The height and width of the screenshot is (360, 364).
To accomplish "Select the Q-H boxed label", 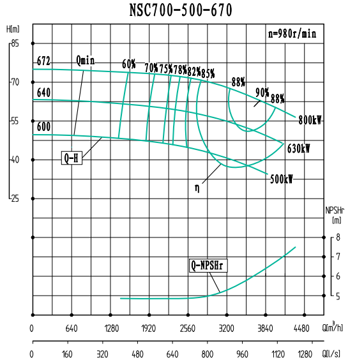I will coord(72,158).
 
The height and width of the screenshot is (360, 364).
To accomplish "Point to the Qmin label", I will coord(85,61).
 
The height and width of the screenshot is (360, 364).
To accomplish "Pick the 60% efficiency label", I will coord(129,64).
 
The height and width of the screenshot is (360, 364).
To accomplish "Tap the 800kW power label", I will coord(310,120).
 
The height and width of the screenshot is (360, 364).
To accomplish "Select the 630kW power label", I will coord(298,149).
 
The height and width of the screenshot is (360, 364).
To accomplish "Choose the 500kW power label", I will coord(281,179).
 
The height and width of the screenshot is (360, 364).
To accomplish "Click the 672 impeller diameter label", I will coord(43,61).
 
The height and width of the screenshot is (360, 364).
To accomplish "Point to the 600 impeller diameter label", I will coord(43,126).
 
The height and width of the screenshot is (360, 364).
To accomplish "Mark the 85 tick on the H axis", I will coord(15,43).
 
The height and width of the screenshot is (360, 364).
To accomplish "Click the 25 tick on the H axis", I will coord(15,199).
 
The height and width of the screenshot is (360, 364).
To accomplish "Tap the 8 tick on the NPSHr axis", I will coord(338,237).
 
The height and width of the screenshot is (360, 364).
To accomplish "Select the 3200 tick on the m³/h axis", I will coord(227,329).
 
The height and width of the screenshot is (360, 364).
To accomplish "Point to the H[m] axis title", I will coord(12,29).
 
